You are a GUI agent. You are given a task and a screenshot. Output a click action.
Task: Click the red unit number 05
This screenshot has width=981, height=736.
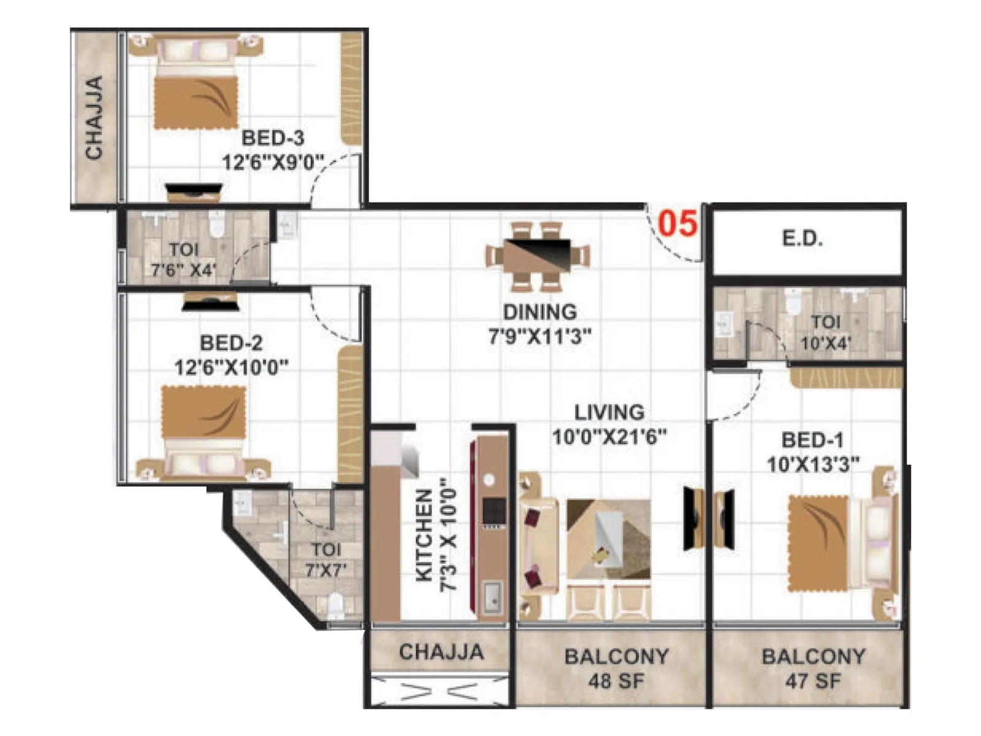678,223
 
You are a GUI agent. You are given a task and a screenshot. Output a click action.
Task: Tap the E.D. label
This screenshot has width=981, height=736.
802,239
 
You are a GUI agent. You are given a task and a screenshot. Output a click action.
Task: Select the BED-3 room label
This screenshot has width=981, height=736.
272,138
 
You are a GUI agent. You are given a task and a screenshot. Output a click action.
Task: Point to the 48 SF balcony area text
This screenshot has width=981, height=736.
616,681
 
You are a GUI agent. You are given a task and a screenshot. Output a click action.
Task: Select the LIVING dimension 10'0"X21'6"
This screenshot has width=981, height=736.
609,437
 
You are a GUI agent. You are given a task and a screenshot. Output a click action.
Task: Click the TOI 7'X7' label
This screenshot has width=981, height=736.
326,559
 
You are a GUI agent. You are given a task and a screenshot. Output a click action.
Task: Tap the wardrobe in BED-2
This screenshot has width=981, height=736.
351,414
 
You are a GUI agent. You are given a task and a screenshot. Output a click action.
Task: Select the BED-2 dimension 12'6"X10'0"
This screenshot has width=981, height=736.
231,368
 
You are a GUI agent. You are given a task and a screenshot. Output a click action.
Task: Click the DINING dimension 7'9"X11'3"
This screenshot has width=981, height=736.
540,337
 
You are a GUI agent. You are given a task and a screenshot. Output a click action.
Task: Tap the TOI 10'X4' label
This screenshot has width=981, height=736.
825,333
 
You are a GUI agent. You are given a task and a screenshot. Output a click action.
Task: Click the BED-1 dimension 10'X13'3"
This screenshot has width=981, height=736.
813,465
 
